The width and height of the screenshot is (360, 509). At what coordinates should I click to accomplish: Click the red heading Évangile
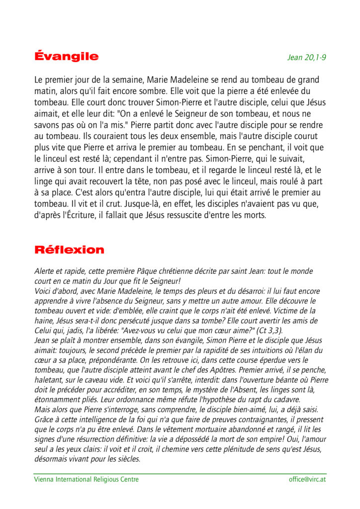pos(66,57)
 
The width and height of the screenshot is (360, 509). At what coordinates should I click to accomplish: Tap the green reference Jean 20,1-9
pos(306,58)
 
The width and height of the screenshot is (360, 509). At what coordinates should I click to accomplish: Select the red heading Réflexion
pos(69,250)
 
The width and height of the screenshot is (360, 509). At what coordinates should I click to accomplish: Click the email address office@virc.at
pos(307,480)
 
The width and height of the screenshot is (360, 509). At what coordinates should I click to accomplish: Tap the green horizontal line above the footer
pos(180,474)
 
